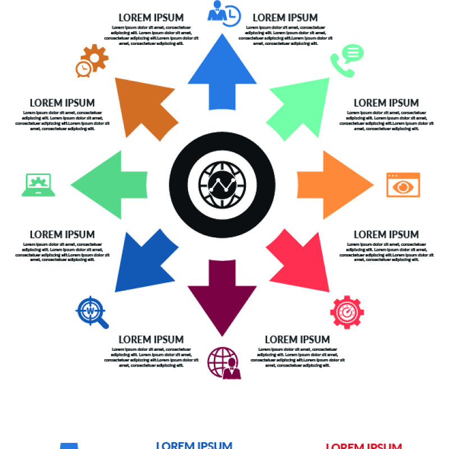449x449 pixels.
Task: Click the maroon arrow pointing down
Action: point(222,295)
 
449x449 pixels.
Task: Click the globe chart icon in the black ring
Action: point(222,185)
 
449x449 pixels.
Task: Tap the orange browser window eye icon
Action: point(403,185)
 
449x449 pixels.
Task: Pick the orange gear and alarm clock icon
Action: point(91,61)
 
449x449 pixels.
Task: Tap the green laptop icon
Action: point(39,185)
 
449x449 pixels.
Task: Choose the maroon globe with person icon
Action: point(224,363)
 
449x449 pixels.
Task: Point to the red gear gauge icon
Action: point(347,312)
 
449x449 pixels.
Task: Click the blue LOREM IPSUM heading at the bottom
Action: point(194,445)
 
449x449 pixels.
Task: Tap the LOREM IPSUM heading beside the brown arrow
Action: point(62,103)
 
